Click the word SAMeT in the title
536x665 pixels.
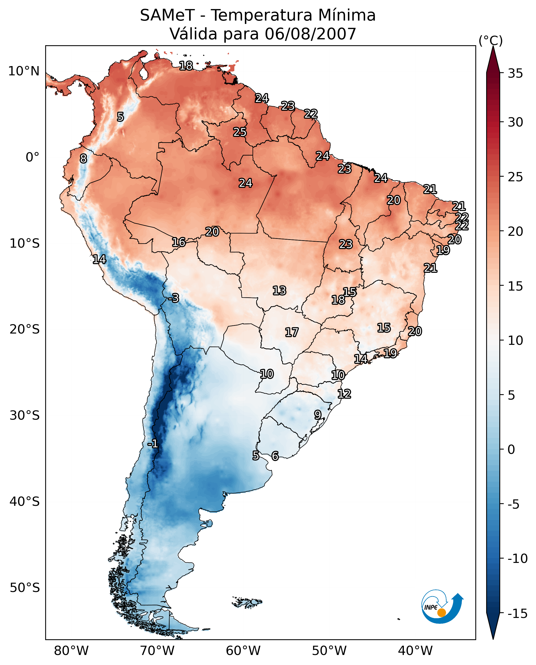[x=167, y=15]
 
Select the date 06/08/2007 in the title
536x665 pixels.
[x=310, y=34]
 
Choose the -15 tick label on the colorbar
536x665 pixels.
[x=517, y=614]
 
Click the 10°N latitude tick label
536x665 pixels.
[x=24, y=71]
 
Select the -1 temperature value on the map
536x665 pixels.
[x=153, y=444]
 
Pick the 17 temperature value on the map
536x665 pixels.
[x=291, y=332]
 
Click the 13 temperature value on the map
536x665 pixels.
[x=279, y=291]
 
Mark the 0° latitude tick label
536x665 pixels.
[x=32, y=157]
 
